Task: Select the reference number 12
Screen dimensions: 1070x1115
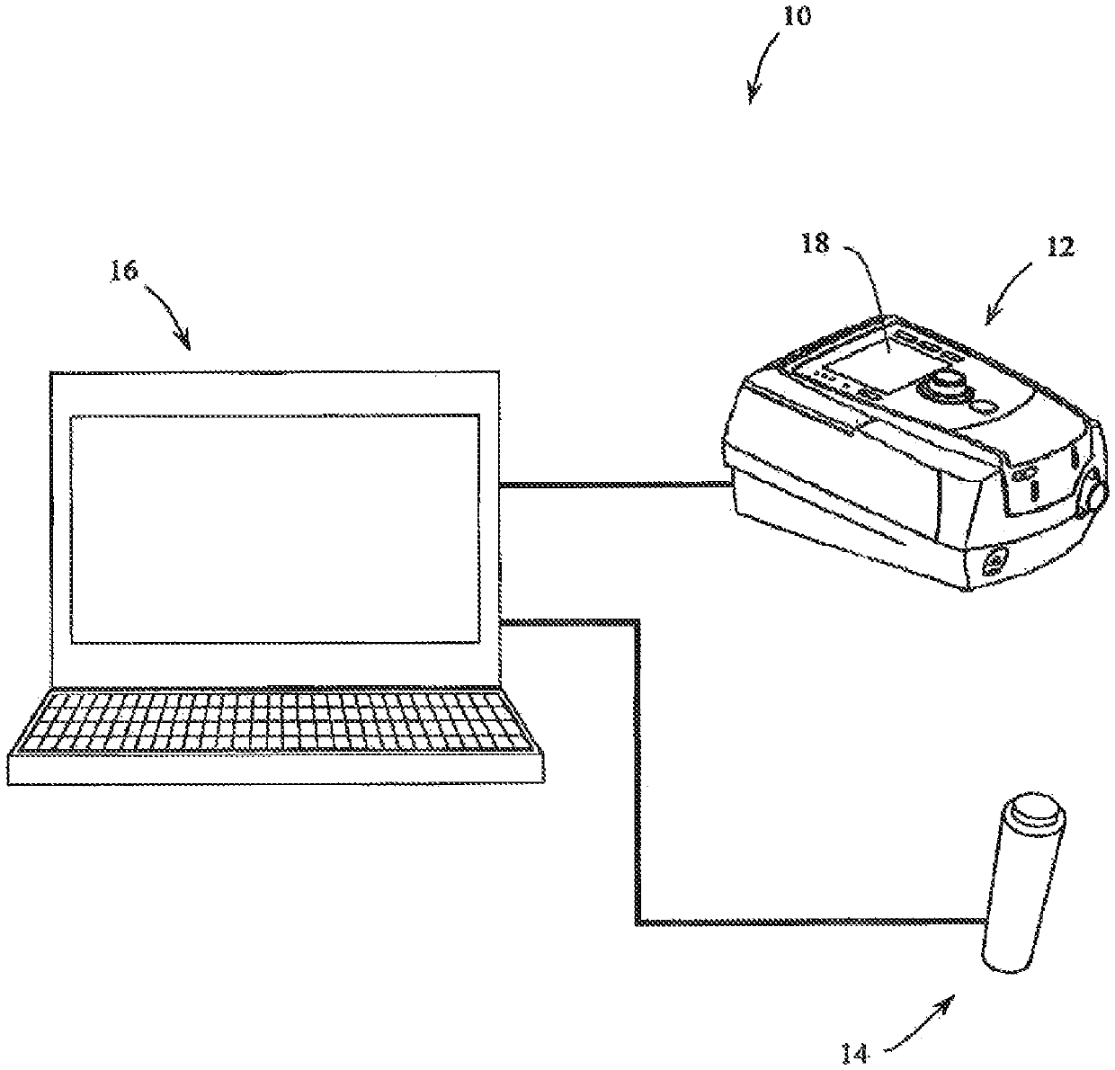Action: (x=1060, y=247)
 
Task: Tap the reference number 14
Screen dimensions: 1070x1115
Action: (x=855, y=1051)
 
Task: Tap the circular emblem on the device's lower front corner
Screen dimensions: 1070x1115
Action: (x=995, y=563)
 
